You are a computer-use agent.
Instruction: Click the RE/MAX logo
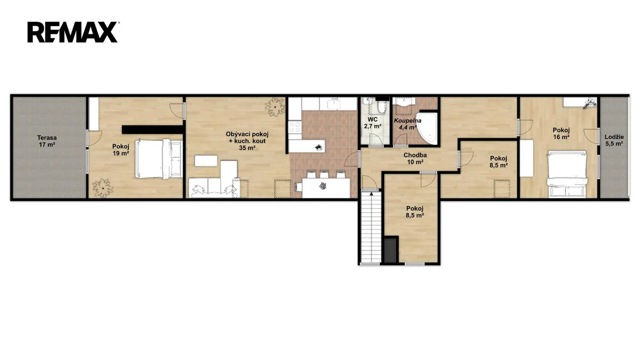click(x=72, y=32)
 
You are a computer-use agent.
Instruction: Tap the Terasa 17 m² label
click(x=47, y=141)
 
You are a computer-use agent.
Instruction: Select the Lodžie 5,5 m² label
click(x=614, y=140)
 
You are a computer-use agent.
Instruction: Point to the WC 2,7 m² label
click(x=372, y=122)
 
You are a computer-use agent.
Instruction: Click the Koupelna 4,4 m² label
click(x=408, y=124)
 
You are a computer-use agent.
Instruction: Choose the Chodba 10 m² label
click(x=415, y=158)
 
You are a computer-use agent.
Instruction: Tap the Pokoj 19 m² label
click(x=120, y=150)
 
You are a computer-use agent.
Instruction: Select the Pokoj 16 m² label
click(x=561, y=134)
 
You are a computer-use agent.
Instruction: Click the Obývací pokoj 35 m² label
click(x=247, y=141)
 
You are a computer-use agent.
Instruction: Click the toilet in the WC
click(x=381, y=108)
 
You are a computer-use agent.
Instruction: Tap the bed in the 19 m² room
click(x=159, y=159)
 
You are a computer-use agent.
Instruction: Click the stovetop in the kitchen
click(x=295, y=128)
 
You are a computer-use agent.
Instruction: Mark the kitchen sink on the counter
click(x=334, y=104)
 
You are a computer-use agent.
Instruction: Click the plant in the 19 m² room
click(x=102, y=188)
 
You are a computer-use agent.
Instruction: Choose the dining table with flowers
click(x=326, y=188)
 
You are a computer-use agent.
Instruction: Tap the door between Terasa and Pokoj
click(x=94, y=138)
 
